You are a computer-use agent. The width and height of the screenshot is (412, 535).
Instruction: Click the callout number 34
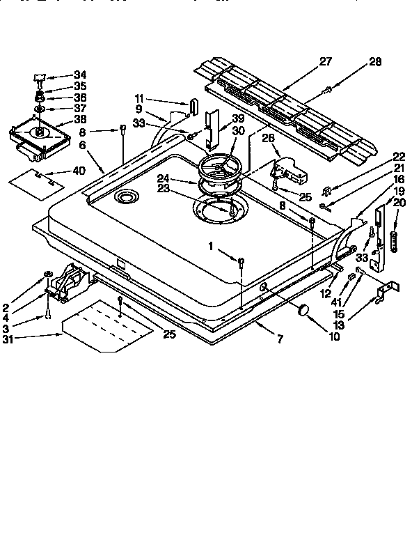[x=80, y=75]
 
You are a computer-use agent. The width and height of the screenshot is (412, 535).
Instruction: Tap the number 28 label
[x=375, y=63]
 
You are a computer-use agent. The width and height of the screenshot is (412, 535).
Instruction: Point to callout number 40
[x=79, y=171]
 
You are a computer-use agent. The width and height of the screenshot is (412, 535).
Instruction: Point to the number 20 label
[x=398, y=202]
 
